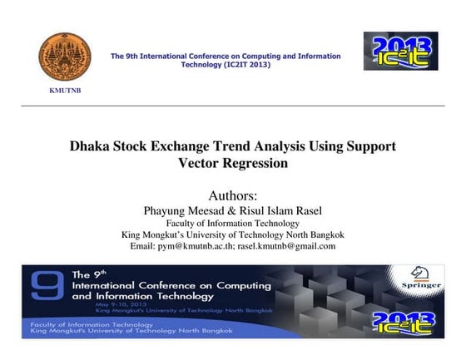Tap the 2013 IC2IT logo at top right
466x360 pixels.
(x=400, y=51)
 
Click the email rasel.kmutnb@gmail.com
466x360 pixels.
(x=287, y=246)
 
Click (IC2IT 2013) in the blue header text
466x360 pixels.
(x=226, y=64)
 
